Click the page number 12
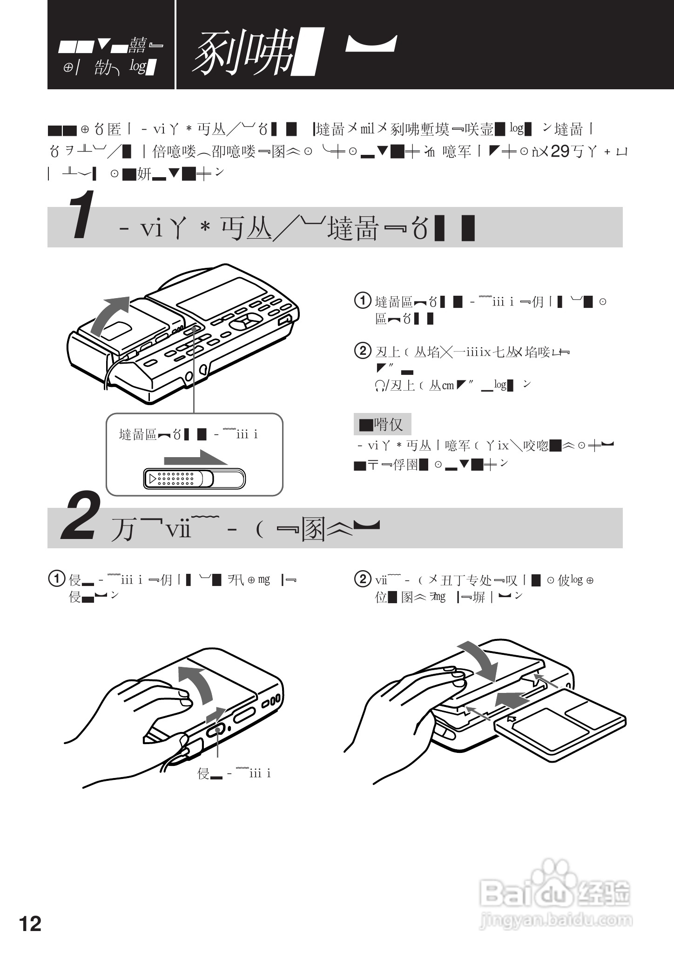point(30,924)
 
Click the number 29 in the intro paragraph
point(559,152)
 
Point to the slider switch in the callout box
point(195,479)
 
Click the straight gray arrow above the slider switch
point(195,458)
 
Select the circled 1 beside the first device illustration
point(363,300)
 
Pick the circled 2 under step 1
point(363,350)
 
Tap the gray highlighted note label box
point(382,424)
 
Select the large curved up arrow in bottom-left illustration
point(198,684)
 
